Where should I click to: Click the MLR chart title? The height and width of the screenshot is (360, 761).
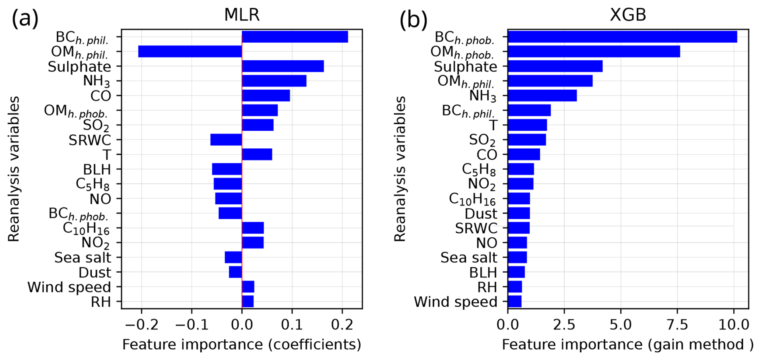point(242,15)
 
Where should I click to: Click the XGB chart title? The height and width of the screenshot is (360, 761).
point(627,15)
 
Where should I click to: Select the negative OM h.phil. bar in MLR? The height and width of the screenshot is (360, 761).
point(190,51)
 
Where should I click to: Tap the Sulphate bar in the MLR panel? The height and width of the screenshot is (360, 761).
point(283,66)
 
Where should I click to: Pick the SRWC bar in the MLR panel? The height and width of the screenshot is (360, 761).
point(226,140)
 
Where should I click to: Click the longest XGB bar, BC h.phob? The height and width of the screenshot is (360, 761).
point(622,37)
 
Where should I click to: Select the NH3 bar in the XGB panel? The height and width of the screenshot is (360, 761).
point(542,96)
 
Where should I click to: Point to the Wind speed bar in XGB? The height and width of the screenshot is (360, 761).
point(515,302)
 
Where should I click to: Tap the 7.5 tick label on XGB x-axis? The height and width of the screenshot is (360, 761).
point(678,325)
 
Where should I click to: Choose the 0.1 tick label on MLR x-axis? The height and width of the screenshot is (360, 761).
point(292,325)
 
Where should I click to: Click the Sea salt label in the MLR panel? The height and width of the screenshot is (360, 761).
point(82,258)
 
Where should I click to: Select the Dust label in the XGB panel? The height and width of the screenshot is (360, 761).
point(481,214)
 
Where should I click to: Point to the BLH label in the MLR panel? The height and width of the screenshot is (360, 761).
point(97,170)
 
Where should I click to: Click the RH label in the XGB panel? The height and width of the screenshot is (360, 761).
point(487,287)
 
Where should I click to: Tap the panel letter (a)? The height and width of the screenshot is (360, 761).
point(25,19)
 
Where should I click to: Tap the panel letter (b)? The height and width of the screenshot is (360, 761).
point(413,20)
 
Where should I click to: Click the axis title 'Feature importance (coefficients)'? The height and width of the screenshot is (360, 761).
point(242,345)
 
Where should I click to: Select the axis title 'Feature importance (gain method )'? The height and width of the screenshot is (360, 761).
point(627,345)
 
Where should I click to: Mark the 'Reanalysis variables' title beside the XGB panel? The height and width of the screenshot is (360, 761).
point(400,169)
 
